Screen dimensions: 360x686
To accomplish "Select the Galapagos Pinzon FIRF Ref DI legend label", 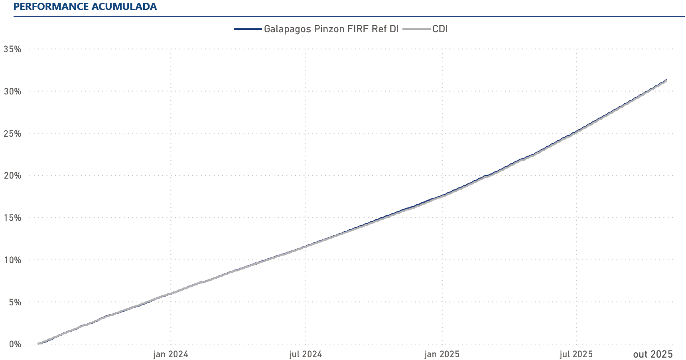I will tap(331, 29).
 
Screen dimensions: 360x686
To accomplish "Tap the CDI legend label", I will tap(440, 29).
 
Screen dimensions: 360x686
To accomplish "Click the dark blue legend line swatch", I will tap(248, 29).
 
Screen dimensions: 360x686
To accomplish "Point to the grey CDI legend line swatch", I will tap(416, 29).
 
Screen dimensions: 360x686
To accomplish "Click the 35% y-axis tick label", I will tap(12, 49).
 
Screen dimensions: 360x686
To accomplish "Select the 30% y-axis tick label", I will tap(12, 91).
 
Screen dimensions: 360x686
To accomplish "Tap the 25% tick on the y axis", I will tap(12, 134).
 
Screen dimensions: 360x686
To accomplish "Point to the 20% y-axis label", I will tap(12, 176).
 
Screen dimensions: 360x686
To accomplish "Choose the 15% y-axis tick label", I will tap(12, 218).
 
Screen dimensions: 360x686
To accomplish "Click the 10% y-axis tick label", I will tap(12, 260).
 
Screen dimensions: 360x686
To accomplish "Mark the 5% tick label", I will tap(15, 302).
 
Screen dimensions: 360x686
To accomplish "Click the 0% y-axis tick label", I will tap(15, 344).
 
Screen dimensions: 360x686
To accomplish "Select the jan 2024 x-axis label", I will tap(171, 354).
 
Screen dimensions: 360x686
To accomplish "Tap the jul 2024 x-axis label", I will tap(306, 354).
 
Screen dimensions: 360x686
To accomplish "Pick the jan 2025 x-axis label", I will tap(442, 354).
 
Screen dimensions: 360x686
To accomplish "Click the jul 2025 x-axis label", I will tap(576, 354).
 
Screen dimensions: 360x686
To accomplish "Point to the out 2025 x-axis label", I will tap(653, 354).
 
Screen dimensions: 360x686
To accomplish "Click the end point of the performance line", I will tap(666, 80).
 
